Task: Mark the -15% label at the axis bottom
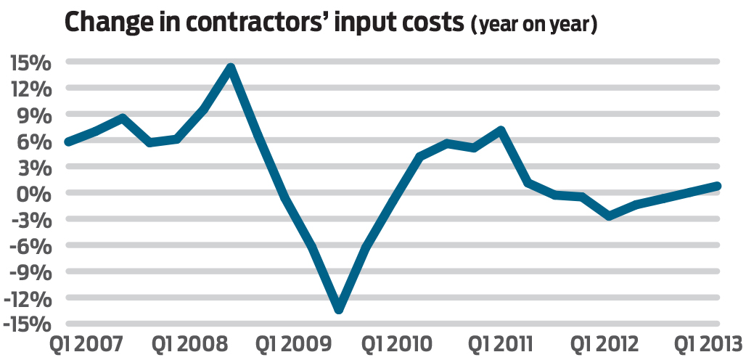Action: (x=27, y=324)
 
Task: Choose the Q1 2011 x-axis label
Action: (x=500, y=343)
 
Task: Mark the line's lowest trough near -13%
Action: (x=339, y=309)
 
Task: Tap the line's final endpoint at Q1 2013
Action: (x=716, y=186)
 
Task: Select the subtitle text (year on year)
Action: (x=534, y=26)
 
